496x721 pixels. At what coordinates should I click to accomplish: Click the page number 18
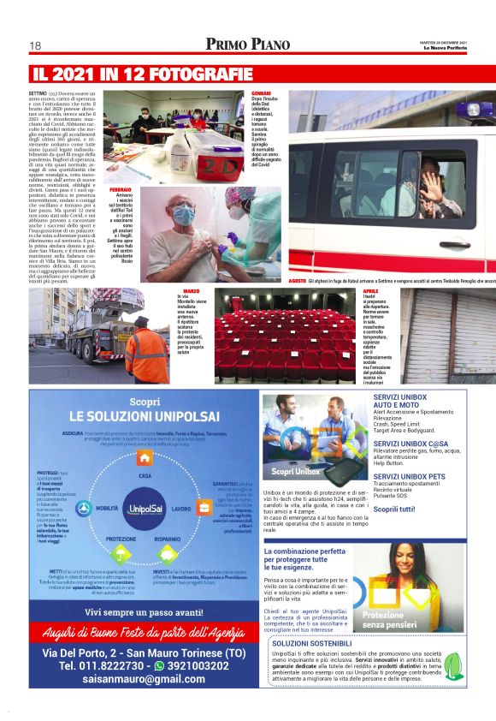36,45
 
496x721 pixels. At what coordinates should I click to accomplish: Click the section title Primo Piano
248,45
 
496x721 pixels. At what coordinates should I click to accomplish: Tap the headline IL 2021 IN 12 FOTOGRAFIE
142,74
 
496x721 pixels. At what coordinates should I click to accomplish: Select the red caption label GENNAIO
260,92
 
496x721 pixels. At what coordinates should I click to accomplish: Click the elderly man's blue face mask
184,214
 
